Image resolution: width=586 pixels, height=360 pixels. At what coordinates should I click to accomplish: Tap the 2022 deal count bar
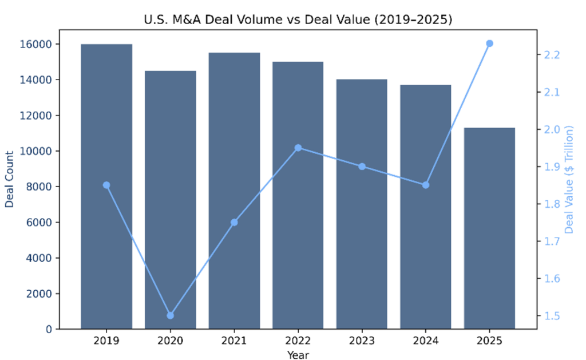(298, 195)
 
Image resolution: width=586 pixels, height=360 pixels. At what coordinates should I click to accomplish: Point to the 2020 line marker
(170, 315)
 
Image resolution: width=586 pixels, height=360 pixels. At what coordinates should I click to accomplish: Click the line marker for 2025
(489, 43)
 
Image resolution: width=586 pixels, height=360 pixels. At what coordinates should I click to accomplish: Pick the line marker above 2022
(298, 148)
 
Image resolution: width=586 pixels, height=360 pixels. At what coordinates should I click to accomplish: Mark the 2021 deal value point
(234, 222)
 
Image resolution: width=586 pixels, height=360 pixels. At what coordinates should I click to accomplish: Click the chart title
(298, 21)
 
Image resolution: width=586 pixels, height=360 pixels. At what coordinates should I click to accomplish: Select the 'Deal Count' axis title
(10, 179)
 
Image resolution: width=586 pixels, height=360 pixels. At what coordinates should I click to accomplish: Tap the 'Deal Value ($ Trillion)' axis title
(569, 179)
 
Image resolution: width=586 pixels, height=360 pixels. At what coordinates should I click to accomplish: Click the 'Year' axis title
(298, 355)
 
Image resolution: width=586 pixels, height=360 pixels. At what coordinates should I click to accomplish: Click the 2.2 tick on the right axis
(552, 55)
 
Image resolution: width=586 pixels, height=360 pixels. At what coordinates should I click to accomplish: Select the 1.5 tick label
(552, 316)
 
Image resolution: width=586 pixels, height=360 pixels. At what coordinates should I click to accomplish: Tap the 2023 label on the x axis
(362, 341)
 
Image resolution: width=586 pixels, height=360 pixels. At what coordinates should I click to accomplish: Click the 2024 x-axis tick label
(425, 341)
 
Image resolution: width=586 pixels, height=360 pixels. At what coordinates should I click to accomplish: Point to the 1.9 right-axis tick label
(552, 167)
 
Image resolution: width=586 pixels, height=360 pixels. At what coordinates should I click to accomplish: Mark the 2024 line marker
(425, 185)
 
